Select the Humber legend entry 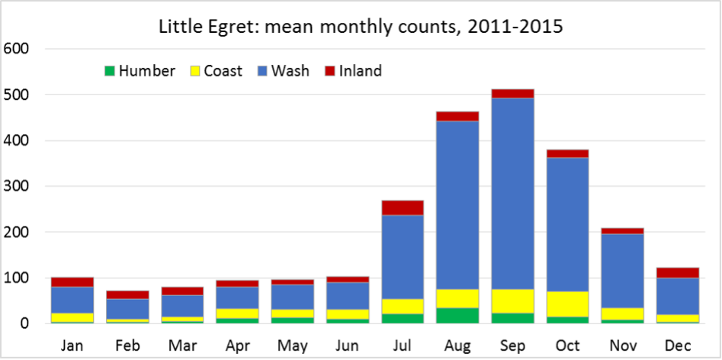pyautogui.click(x=140, y=72)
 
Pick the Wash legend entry pyautogui.click(x=284, y=72)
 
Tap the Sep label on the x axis pyautogui.click(x=512, y=345)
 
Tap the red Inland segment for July pyautogui.click(x=403, y=207)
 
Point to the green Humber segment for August pyautogui.click(x=457, y=315)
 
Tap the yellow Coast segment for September pyautogui.click(x=512, y=301)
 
